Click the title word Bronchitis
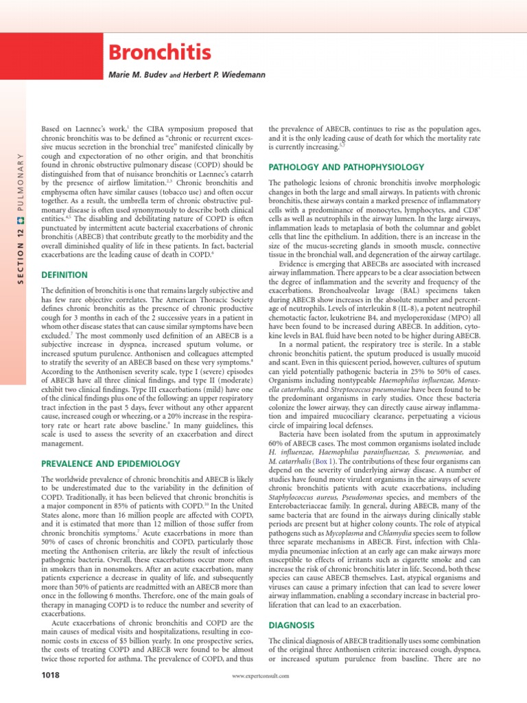click(x=156, y=52)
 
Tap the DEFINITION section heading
click(x=65, y=275)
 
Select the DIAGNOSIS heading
click(x=291, y=627)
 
